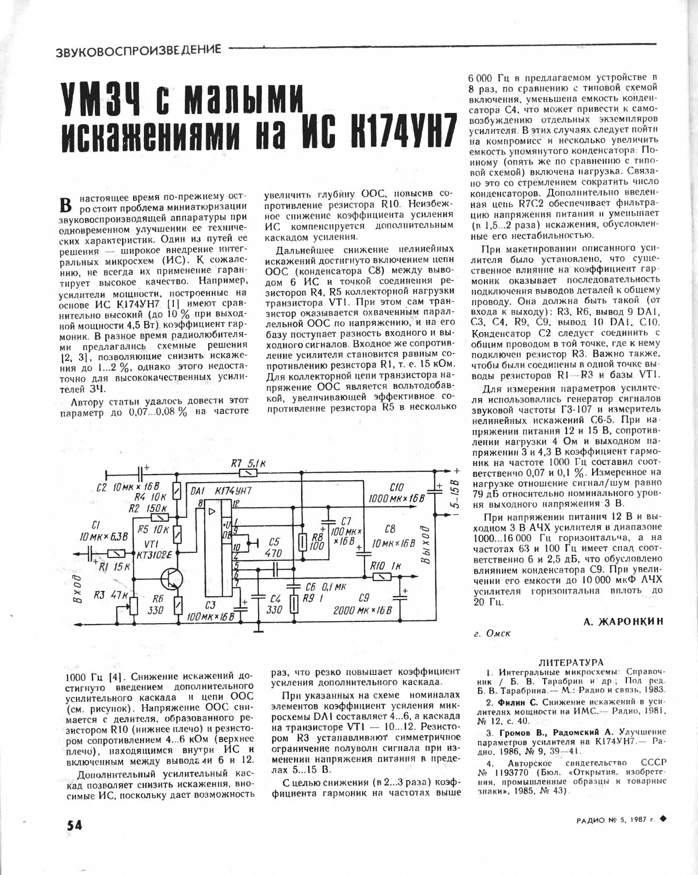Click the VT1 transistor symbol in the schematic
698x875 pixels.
(x=171, y=579)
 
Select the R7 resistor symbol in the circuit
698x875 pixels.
(x=248, y=473)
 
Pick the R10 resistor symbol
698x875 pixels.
(x=381, y=577)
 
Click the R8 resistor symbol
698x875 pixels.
(x=301, y=542)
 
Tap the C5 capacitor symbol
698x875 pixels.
(x=276, y=569)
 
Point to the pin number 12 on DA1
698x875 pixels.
(x=236, y=504)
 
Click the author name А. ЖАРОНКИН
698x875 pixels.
(x=623, y=621)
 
